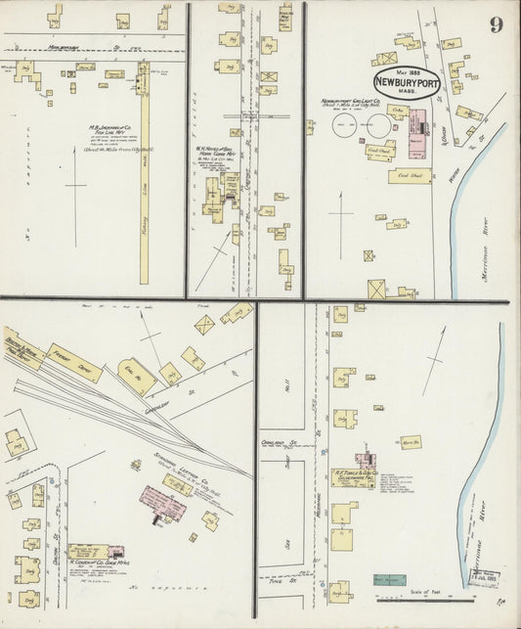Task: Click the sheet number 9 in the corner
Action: pos(497,24)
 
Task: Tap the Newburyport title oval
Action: pos(406,82)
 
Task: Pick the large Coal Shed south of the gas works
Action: pos(411,176)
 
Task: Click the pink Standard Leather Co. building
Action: pos(162,500)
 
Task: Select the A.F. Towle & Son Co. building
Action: pos(352,476)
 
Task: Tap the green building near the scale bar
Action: pos(389,580)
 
